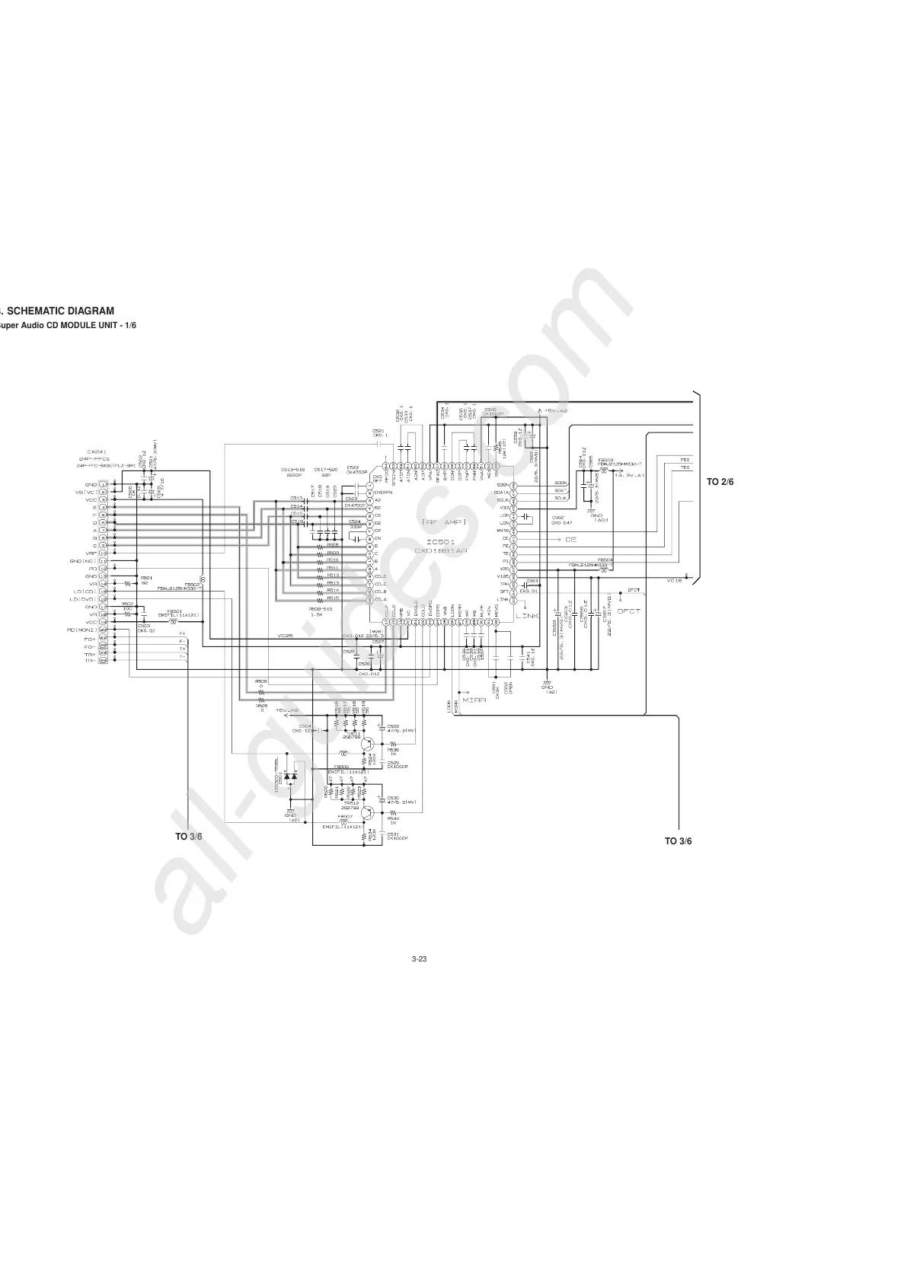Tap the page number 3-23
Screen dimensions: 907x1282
click(x=418, y=959)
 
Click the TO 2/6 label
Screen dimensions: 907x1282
click(x=719, y=482)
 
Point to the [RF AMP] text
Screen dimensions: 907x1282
click(x=442, y=522)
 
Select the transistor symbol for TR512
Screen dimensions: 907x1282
click(x=368, y=812)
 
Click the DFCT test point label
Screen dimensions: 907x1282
click(x=628, y=611)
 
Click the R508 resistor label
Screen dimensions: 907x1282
click(x=333, y=545)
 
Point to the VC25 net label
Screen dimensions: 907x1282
click(x=285, y=635)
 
